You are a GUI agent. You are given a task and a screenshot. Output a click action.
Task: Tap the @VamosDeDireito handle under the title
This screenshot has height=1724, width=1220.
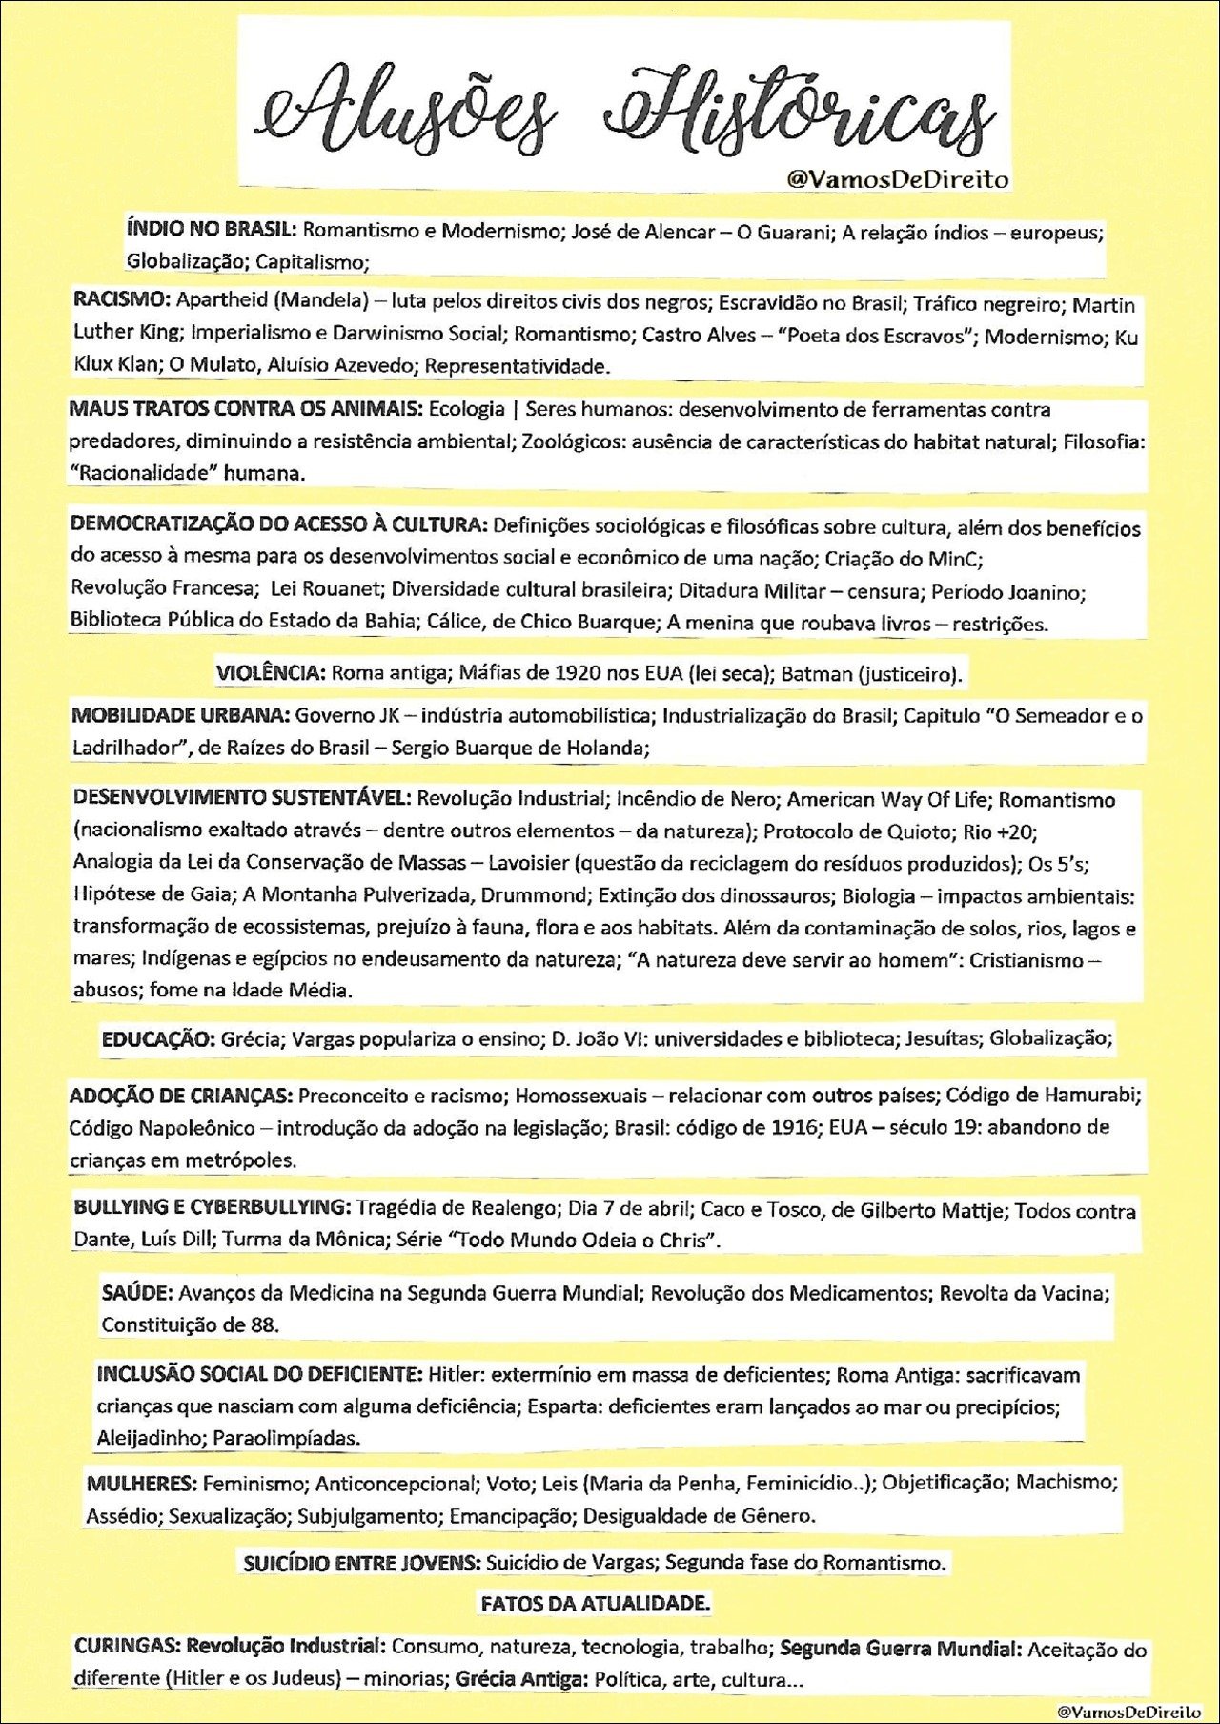(897, 179)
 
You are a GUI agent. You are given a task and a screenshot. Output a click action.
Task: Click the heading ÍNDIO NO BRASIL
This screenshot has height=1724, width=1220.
(212, 229)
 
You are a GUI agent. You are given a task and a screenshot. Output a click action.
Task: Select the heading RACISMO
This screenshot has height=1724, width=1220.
(121, 299)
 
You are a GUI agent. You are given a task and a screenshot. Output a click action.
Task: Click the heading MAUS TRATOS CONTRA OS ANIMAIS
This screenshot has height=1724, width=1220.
(245, 409)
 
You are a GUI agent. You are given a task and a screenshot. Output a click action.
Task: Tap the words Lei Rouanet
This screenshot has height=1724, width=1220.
(325, 588)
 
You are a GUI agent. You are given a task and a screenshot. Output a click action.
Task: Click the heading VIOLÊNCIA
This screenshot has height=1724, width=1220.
(271, 672)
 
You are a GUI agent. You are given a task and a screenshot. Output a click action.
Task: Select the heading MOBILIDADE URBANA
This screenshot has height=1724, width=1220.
(180, 715)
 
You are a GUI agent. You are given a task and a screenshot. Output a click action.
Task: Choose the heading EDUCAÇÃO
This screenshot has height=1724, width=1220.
(158, 1038)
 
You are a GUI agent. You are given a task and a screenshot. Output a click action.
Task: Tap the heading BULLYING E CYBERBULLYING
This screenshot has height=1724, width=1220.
(212, 1207)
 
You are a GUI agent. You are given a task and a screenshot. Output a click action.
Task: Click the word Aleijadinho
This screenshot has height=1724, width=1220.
(148, 1437)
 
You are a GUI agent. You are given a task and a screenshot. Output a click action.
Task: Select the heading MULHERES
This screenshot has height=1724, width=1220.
(141, 1483)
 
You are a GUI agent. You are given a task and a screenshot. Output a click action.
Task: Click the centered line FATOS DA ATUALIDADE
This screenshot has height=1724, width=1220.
(595, 1604)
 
